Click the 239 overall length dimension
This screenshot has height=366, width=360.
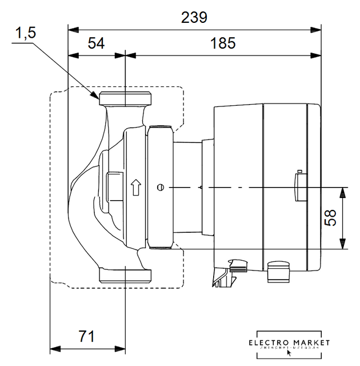[194, 17]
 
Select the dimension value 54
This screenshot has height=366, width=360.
[97, 44]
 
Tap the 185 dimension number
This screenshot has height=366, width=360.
[223, 44]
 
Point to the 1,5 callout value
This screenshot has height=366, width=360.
[26, 34]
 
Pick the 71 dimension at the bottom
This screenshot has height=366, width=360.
[86, 336]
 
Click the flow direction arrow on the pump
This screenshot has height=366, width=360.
[135, 186]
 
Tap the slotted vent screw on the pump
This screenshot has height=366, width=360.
[160, 186]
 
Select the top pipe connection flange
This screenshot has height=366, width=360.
[125, 100]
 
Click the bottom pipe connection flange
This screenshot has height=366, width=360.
[125, 275]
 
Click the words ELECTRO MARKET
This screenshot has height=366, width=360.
[290, 342]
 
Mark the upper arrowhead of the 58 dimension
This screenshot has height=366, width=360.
[342, 192]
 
